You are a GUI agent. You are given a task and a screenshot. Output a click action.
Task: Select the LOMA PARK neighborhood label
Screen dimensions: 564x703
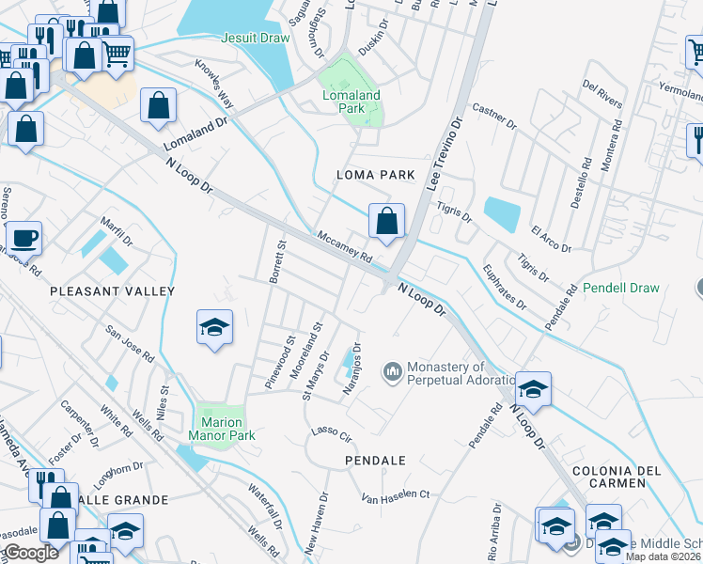click(x=376, y=175)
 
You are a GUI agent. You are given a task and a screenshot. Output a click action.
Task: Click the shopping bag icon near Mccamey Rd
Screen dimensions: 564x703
click(x=386, y=222)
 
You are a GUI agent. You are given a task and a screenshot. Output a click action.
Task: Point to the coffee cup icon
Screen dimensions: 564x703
click(x=23, y=238)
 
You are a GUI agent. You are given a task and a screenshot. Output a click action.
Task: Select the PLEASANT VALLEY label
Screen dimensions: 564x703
click(x=113, y=291)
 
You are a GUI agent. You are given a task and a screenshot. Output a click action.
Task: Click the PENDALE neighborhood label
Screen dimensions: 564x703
click(x=375, y=461)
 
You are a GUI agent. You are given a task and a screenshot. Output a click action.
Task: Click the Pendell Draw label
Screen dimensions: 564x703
click(x=620, y=288)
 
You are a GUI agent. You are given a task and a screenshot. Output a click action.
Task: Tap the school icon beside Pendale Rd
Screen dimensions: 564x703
click(x=533, y=389)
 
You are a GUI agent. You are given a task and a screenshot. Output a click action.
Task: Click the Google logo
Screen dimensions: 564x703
click(x=31, y=553)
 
